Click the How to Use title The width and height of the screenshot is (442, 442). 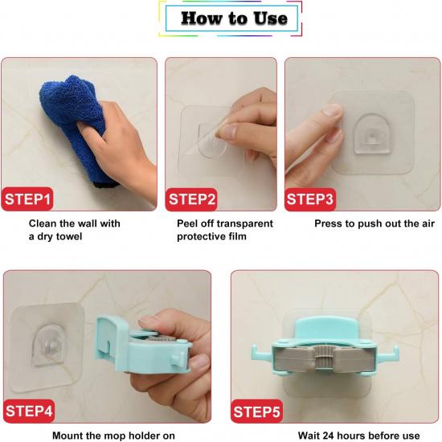pyautogui.click(x=234, y=18)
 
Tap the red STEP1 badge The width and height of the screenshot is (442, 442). pyautogui.click(x=27, y=199)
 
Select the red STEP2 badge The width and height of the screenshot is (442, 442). pyautogui.click(x=191, y=199)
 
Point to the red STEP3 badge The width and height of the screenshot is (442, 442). pyautogui.click(x=310, y=199)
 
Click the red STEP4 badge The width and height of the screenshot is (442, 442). pyautogui.click(x=29, y=411)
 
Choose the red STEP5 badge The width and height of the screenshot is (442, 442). pyautogui.click(x=256, y=411)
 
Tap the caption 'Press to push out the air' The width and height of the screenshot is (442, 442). pyautogui.click(x=374, y=223)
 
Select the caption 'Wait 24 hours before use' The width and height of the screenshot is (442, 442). pyautogui.click(x=358, y=436)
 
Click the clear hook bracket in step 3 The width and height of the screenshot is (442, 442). pyautogui.click(x=372, y=134)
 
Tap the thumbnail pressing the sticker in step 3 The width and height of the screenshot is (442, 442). pyautogui.click(x=332, y=110)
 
